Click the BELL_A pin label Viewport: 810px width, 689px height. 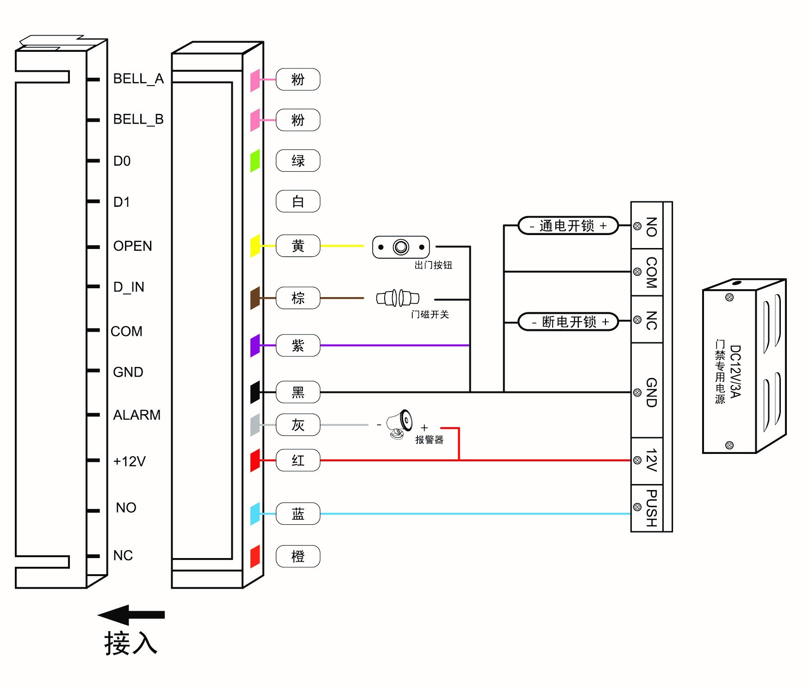point(138,79)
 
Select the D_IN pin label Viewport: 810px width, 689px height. point(129,287)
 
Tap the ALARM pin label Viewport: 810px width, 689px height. point(137,415)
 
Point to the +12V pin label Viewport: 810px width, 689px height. point(130,461)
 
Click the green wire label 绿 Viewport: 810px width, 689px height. point(298,161)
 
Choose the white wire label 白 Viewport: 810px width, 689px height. point(298,201)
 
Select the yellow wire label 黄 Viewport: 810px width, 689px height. point(298,246)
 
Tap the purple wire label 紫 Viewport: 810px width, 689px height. point(298,345)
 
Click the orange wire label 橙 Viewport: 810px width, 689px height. point(298,556)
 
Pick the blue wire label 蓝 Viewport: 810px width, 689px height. point(298,514)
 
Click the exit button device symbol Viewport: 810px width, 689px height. point(401,247)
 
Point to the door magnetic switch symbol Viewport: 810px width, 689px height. point(398,298)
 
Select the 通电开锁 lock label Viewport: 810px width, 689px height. point(568,226)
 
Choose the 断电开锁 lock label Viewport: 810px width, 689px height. point(568,322)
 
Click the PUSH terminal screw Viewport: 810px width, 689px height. point(637,507)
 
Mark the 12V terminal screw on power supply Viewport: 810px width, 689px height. point(637,460)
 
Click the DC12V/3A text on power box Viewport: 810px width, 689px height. point(735,371)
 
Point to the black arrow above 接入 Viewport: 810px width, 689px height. point(131,615)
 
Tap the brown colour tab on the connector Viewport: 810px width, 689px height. point(255,298)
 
